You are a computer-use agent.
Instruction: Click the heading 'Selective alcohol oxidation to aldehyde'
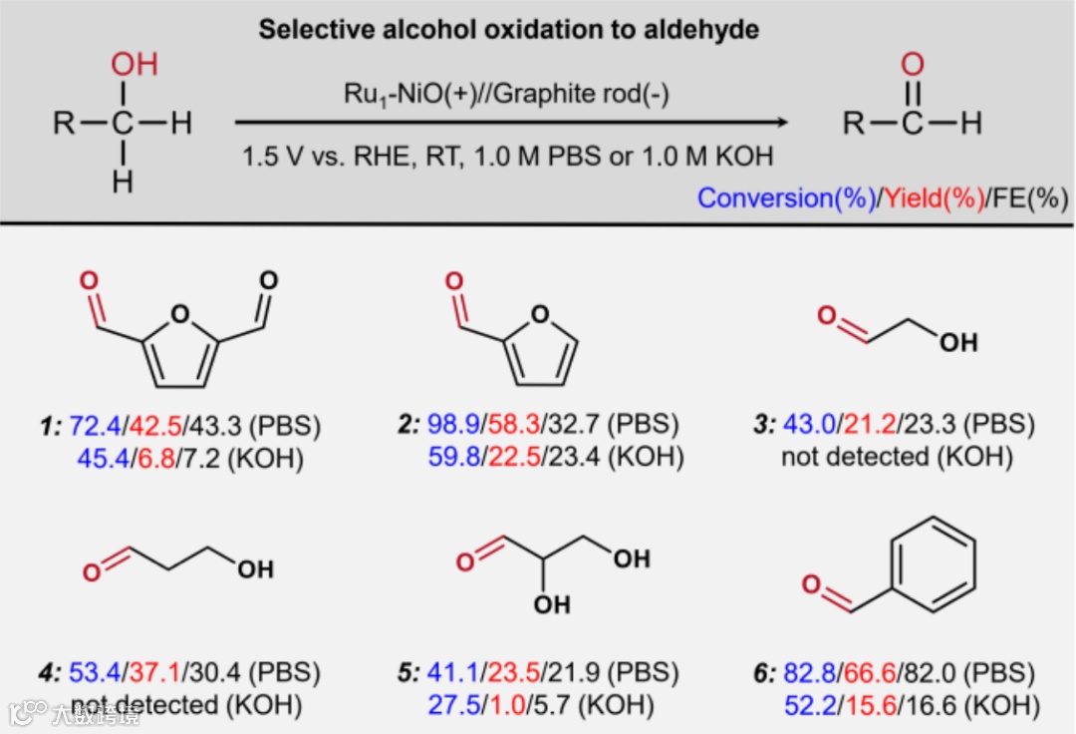click(508, 30)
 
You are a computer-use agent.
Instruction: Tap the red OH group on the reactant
click(134, 66)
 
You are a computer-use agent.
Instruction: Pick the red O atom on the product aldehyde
click(912, 66)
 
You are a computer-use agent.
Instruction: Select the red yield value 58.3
click(512, 427)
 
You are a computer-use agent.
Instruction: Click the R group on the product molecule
click(855, 124)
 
